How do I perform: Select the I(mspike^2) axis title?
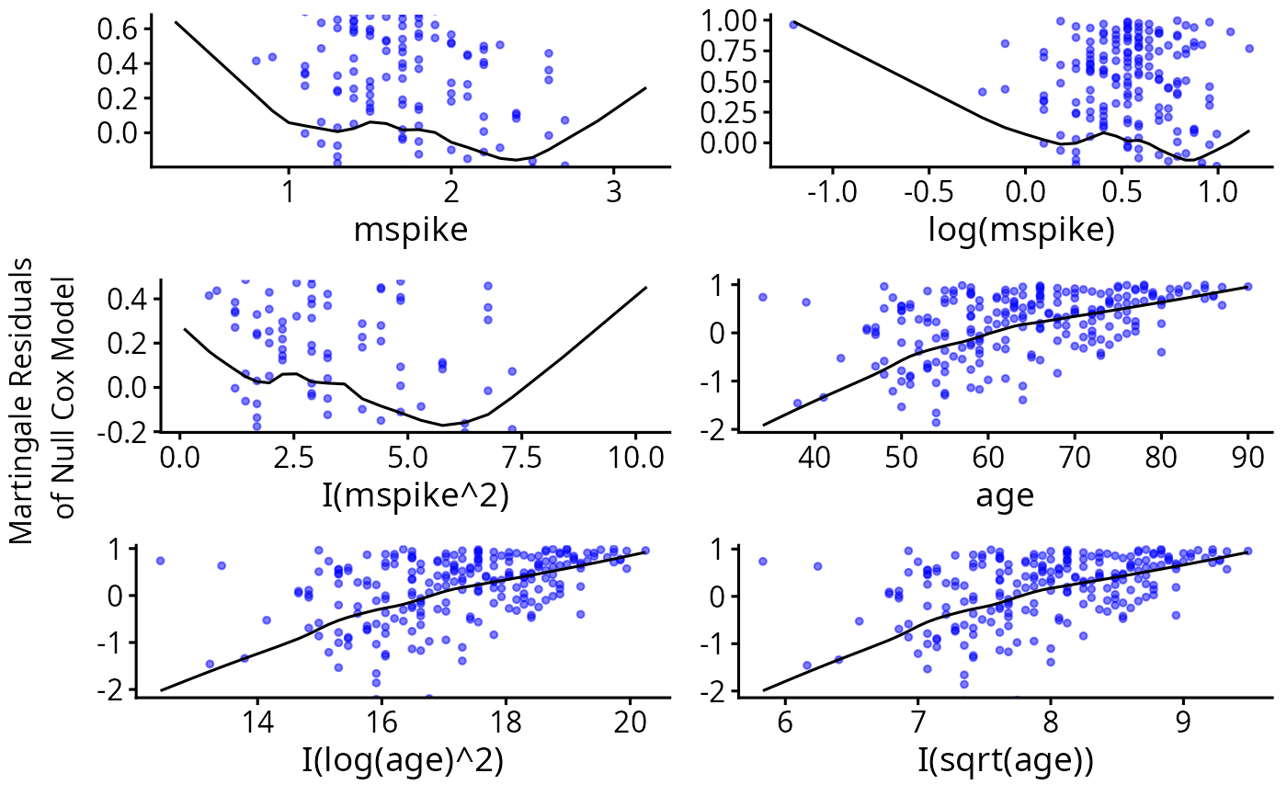click(x=404, y=495)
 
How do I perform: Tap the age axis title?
click(x=1005, y=495)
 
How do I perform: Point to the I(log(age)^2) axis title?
click(x=403, y=761)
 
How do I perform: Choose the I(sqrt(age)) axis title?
click(x=1005, y=761)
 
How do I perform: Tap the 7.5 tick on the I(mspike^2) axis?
click(x=521, y=456)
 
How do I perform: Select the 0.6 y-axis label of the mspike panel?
click(x=119, y=28)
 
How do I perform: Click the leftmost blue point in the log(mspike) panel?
click(x=793, y=24)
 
